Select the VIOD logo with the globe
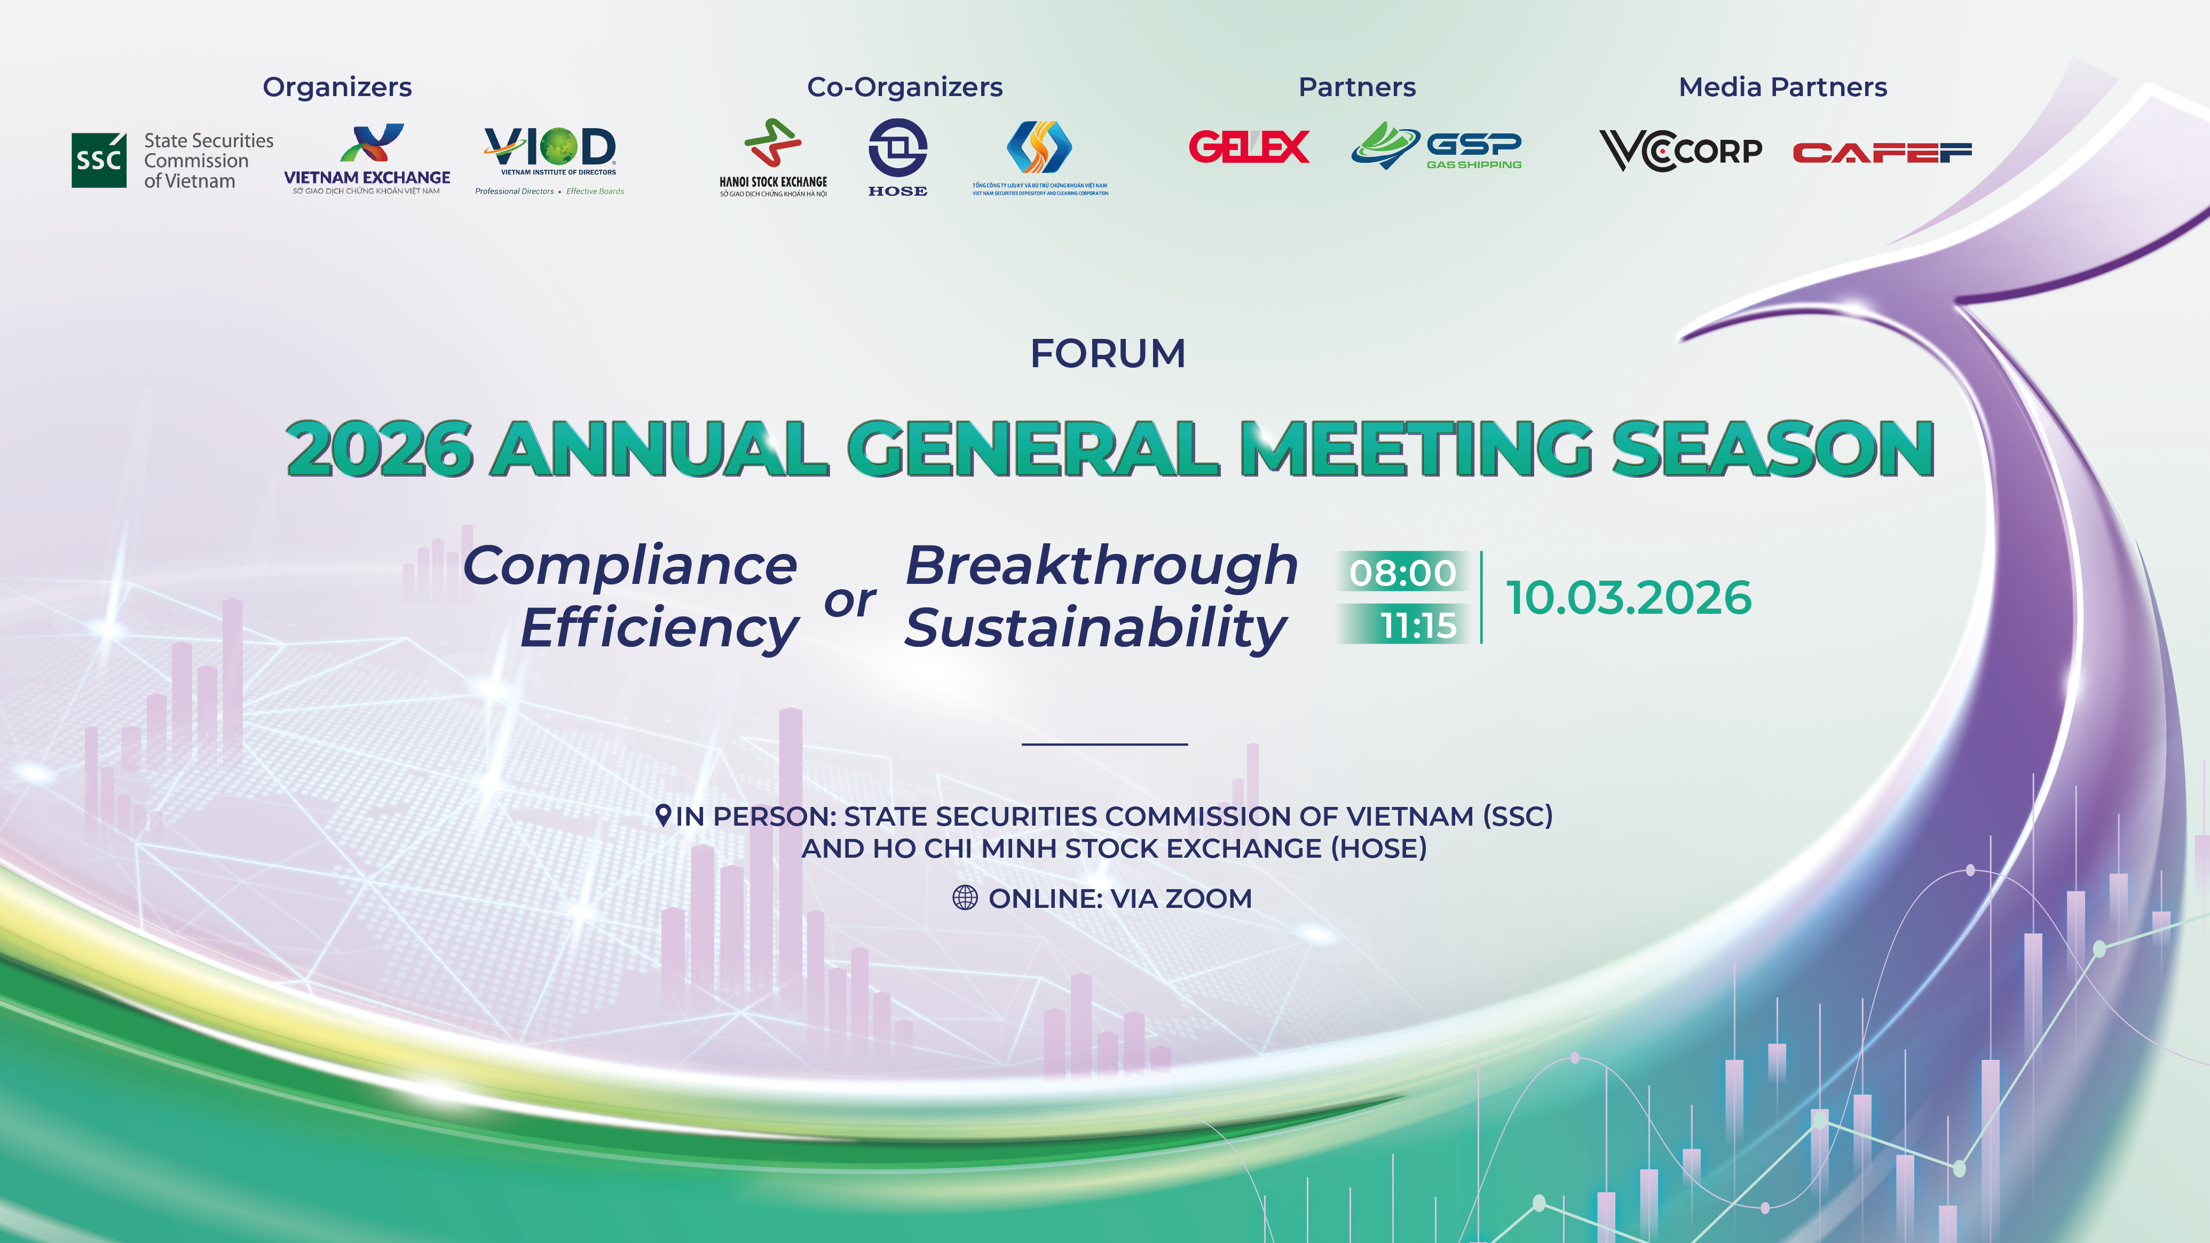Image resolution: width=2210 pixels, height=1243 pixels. click(x=550, y=154)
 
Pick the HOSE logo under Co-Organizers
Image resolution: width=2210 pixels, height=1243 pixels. click(x=897, y=157)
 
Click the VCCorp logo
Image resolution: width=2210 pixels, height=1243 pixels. click(x=1680, y=151)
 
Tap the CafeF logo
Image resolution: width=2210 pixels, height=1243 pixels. click(x=1882, y=153)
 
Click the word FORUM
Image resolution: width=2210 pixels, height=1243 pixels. click(x=1108, y=353)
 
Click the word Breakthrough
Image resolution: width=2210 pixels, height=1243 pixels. click(x=1102, y=566)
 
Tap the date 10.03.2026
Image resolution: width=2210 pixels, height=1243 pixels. click(x=1628, y=598)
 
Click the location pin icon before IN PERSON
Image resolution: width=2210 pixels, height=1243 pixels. click(x=662, y=815)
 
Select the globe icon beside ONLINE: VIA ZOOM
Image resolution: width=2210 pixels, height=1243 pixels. click(x=965, y=898)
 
